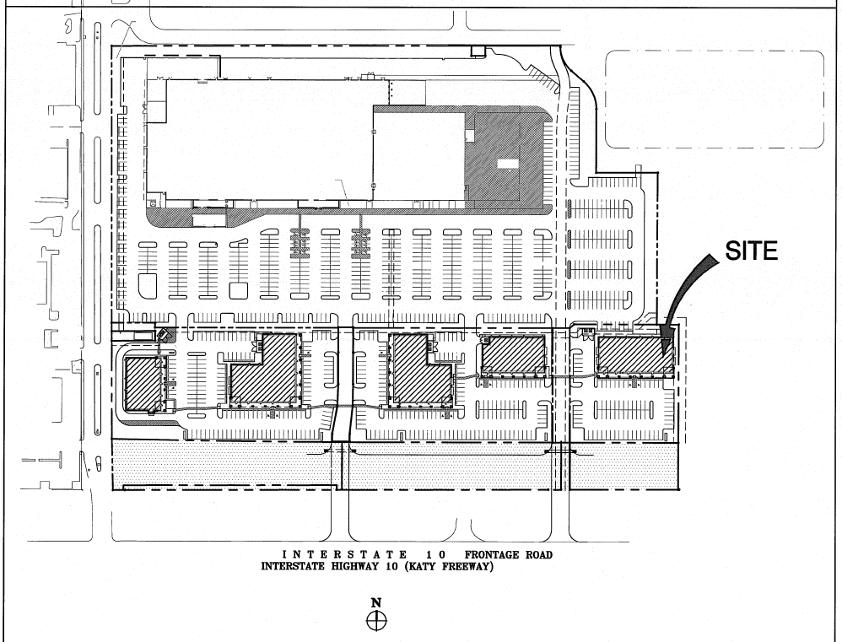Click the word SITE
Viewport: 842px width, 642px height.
coord(751,251)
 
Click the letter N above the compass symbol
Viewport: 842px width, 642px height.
coord(376,603)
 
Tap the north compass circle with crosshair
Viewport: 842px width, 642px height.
coord(376,621)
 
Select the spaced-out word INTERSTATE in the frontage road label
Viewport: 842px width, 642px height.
coord(344,555)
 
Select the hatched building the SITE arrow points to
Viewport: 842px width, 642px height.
coord(634,356)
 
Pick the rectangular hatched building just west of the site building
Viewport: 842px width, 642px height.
coord(514,354)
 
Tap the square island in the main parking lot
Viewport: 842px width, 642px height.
coord(238,290)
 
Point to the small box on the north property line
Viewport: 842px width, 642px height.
coord(478,51)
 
